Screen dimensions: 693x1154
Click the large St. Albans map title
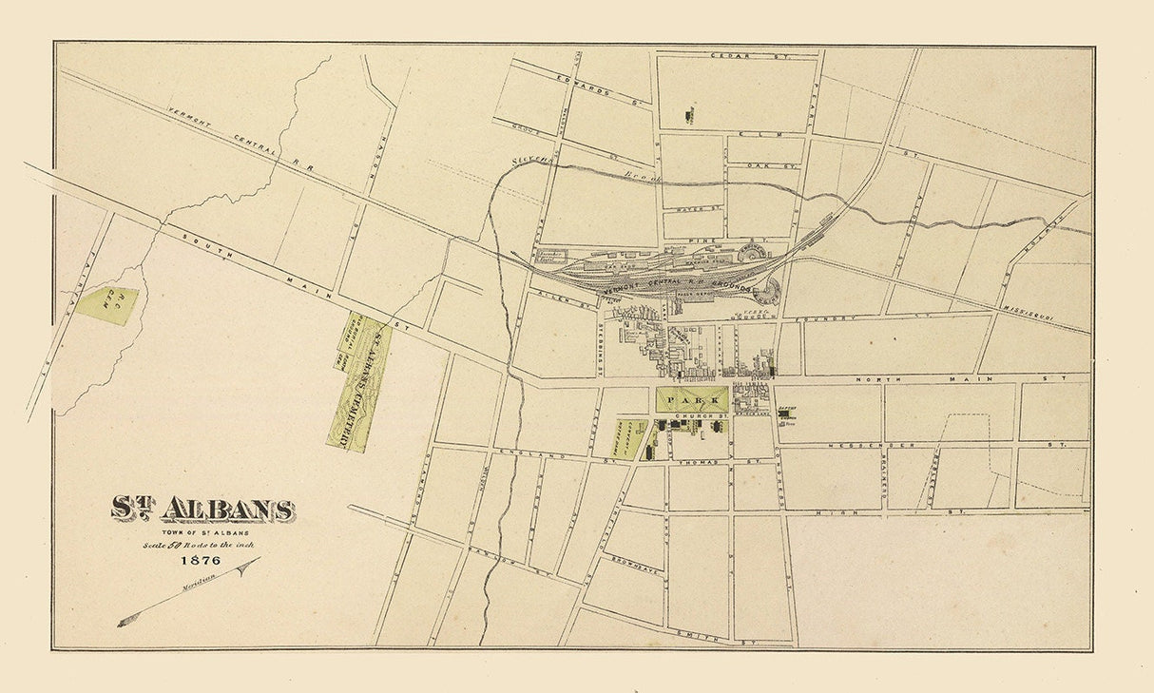(x=202, y=510)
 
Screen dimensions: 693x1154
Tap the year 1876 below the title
(x=201, y=560)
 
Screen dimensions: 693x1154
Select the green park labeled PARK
(x=692, y=400)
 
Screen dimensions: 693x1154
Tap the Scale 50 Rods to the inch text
(x=201, y=545)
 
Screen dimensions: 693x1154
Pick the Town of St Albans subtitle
(x=201, y=532)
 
